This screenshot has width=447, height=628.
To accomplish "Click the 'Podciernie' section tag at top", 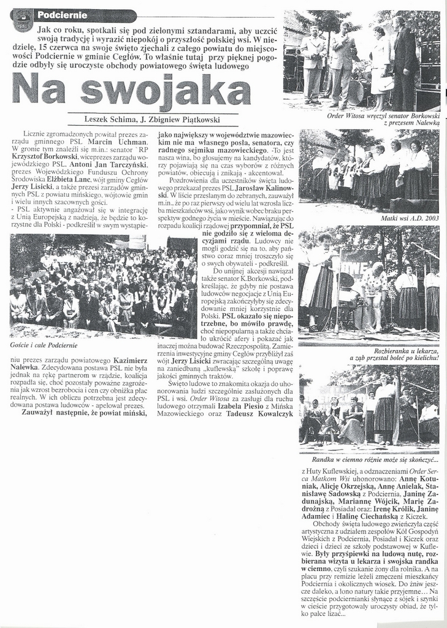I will point(61,14).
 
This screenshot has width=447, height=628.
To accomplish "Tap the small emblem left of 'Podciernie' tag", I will point(22,20).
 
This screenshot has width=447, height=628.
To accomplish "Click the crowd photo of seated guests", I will point(102,285).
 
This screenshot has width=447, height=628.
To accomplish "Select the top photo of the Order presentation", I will point(361,59).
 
